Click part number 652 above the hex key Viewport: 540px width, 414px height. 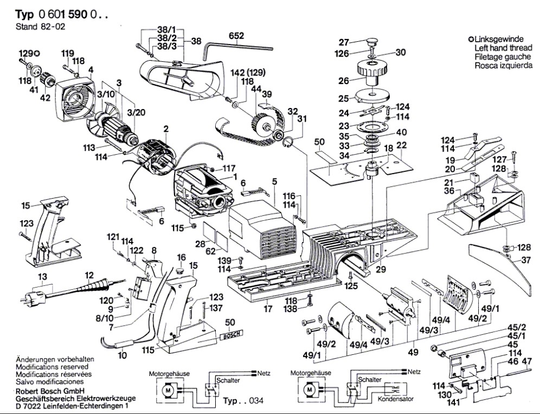coord(236,36)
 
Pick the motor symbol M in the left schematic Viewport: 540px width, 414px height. coord(168,389)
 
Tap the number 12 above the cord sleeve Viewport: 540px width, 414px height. coord(88,276)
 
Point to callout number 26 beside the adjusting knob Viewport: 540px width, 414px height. coord(343,82)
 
